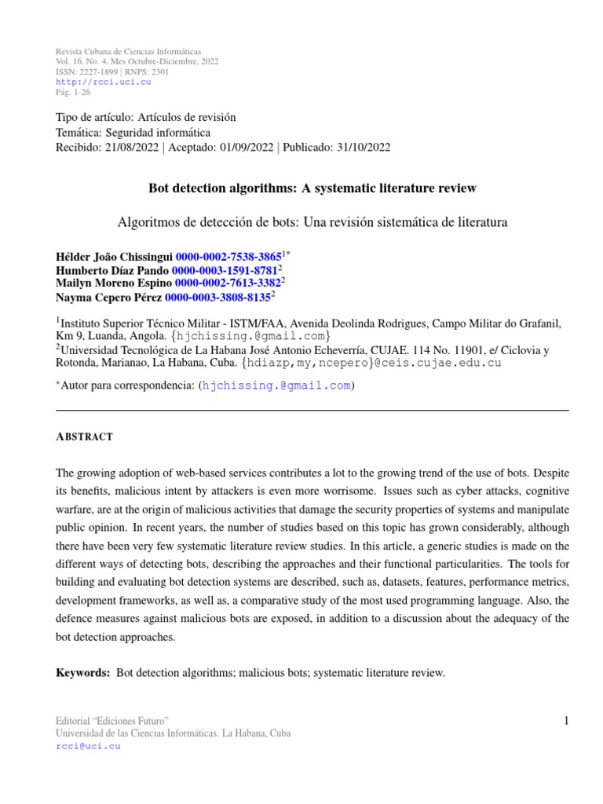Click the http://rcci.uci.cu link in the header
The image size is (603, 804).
tap(104, 82)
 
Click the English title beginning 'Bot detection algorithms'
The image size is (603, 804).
tap(312, 188)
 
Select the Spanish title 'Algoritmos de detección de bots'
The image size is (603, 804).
tap(312, 222)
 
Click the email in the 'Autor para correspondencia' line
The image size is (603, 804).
tap(277, 386)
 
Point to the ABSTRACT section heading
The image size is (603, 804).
tap(84, 437)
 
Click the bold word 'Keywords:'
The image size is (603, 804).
tap(83, 673)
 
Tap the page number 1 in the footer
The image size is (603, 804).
tap(565, 721)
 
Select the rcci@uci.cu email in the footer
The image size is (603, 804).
tap(87, 746)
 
